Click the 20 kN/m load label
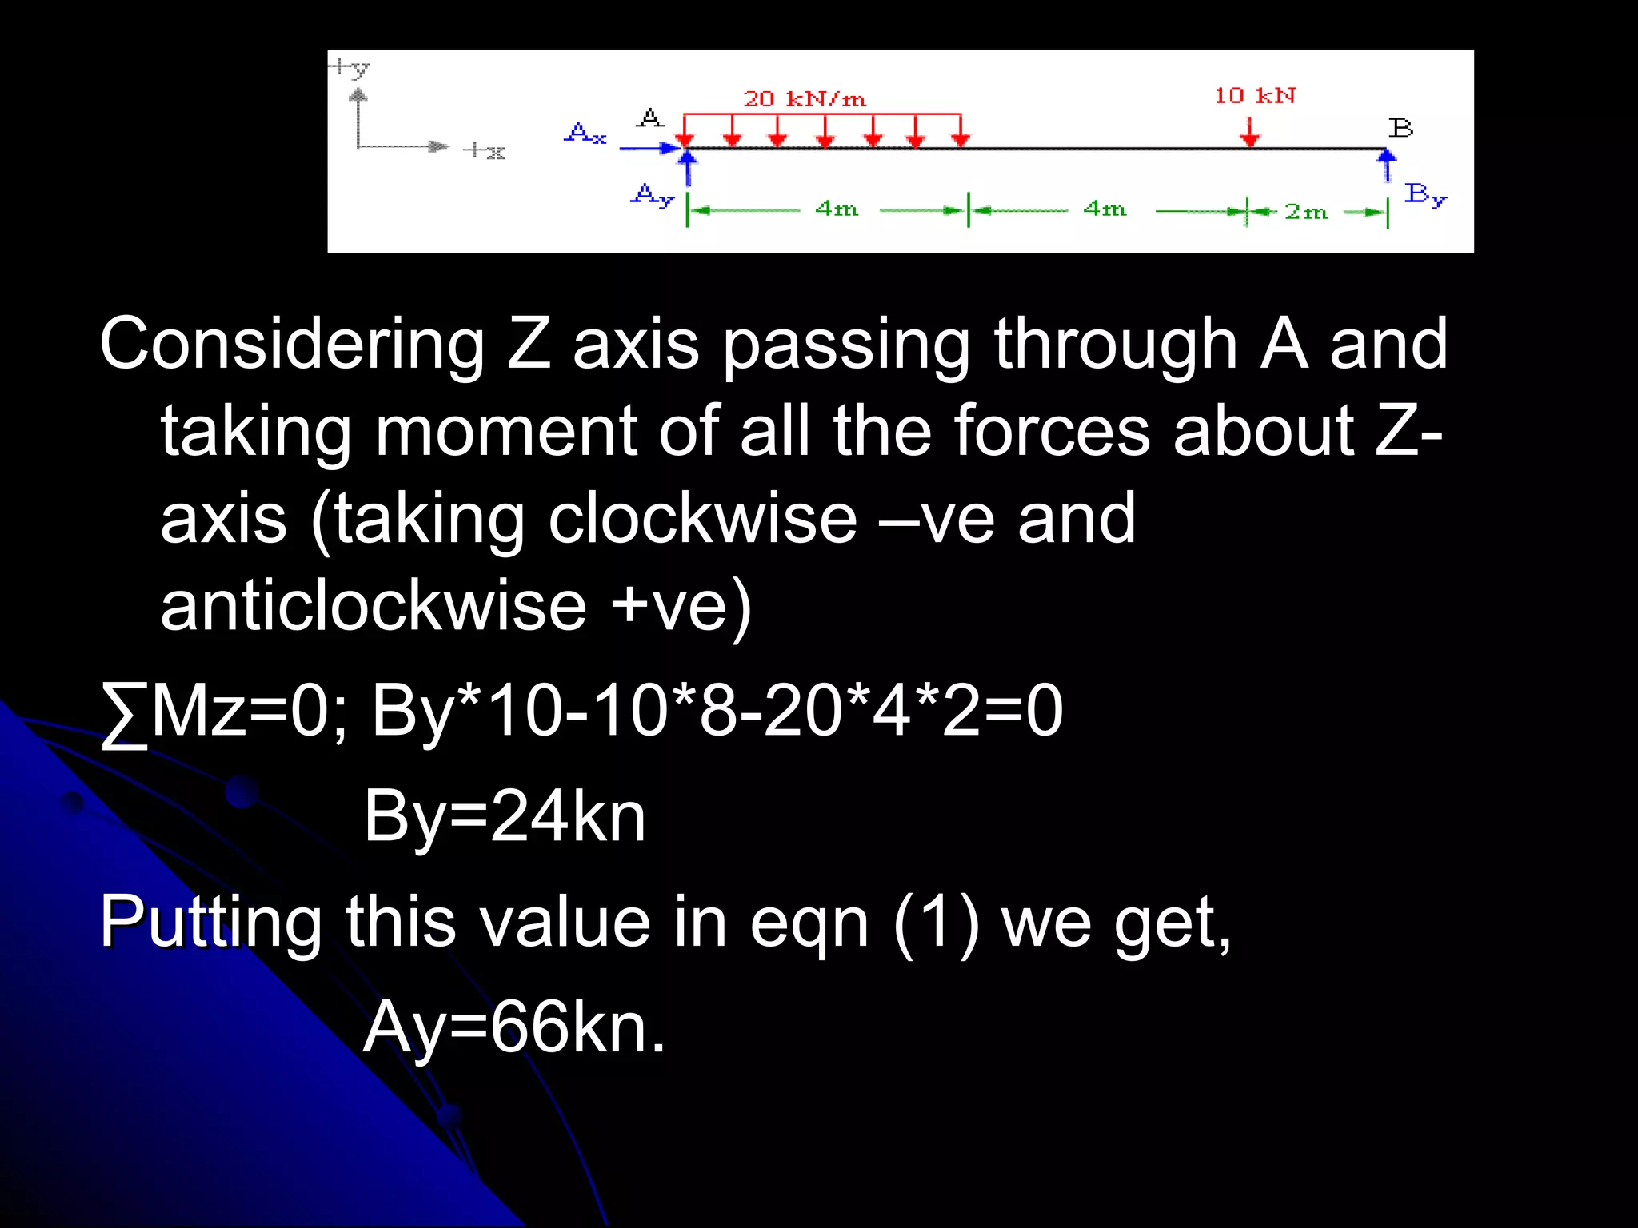click(x=805, y=99)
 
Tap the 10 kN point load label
click(x=1255, y=96)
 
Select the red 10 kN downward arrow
click(x=1250, y=132)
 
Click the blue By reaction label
click(x=1426, y=194)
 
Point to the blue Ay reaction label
click(x=653, y=195)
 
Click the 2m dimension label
click(x=1306, y=212)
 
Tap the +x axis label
click(x=485, y=150)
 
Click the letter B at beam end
click(x=1400, y=128)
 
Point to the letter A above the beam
click(x=650, y=118)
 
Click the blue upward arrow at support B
click(x=1387, y=165)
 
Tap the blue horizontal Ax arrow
click(x=649, y=148)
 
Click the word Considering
click(x=292, y=345)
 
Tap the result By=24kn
click(x=505, y=816)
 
